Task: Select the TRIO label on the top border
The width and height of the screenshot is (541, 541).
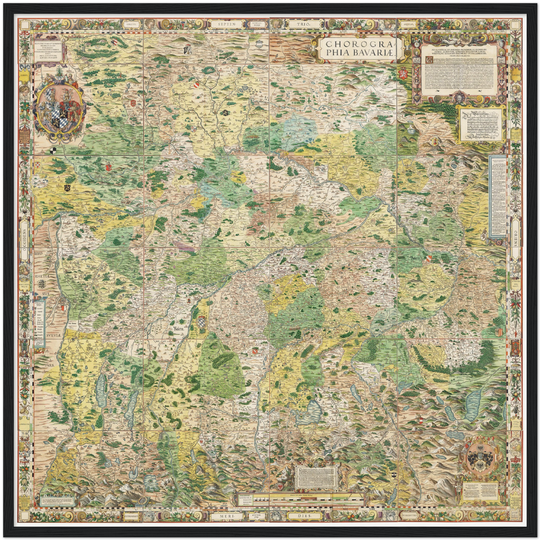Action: (303, 24)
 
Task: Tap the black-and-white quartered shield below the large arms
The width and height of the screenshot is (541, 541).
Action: (54, 151)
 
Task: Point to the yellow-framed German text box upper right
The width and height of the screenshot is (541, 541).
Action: (480, 124)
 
